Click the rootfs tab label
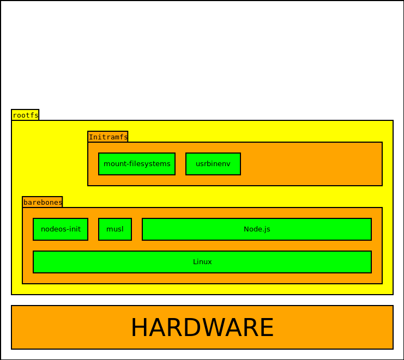[x=25, y=115]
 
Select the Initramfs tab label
[x=108, y=137]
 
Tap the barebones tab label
[x=43, y=202]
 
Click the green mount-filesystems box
[x=137, y=164]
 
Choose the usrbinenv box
[x=213, y=164]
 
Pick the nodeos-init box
[x=61, y=229]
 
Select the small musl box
[x=115, y=229]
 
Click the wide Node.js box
[x=257, y=229]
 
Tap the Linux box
[x=202, y=262]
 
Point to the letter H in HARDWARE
[x=139, y=328]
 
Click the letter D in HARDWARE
[x=191, y=328]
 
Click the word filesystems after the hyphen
[x=149, y=164]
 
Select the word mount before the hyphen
[x=114, y=164]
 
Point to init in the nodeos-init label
[x=74, y=229]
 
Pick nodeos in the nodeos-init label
[x=52, y=229]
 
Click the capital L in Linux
[x=195, y=262]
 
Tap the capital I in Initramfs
[x=91, y=137]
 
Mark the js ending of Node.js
[x=267, y=229]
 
